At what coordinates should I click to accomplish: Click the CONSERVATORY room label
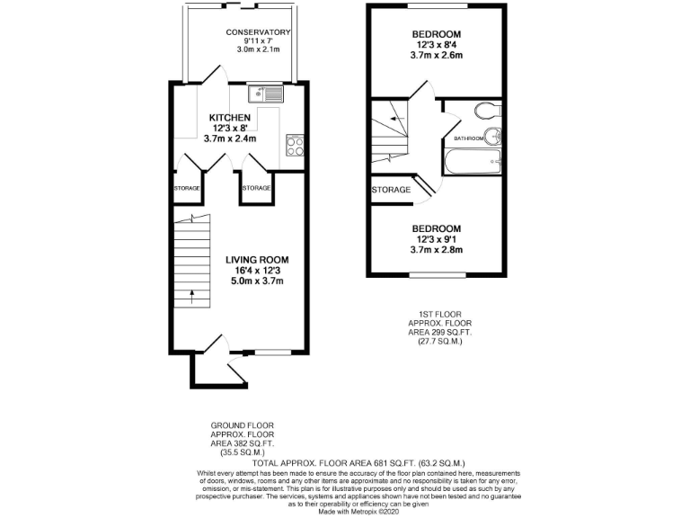coord(258,32)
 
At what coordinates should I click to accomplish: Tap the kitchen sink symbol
coord(268,92)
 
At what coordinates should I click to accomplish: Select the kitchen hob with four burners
coord(294,145)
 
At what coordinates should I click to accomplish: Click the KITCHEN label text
coord(230,118)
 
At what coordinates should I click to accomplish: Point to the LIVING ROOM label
coord(255,259)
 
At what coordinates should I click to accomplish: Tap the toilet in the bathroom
coord(487,112)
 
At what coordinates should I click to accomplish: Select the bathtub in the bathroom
coord(471,162)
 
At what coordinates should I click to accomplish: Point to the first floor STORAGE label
coord(391,190)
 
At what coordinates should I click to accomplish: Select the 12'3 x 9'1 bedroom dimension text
coord(437,238)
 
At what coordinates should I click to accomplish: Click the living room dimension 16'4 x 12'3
coord(255,270)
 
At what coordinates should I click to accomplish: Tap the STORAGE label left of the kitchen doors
coord(187,188)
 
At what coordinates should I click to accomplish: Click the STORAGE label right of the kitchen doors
coord(256,188)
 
